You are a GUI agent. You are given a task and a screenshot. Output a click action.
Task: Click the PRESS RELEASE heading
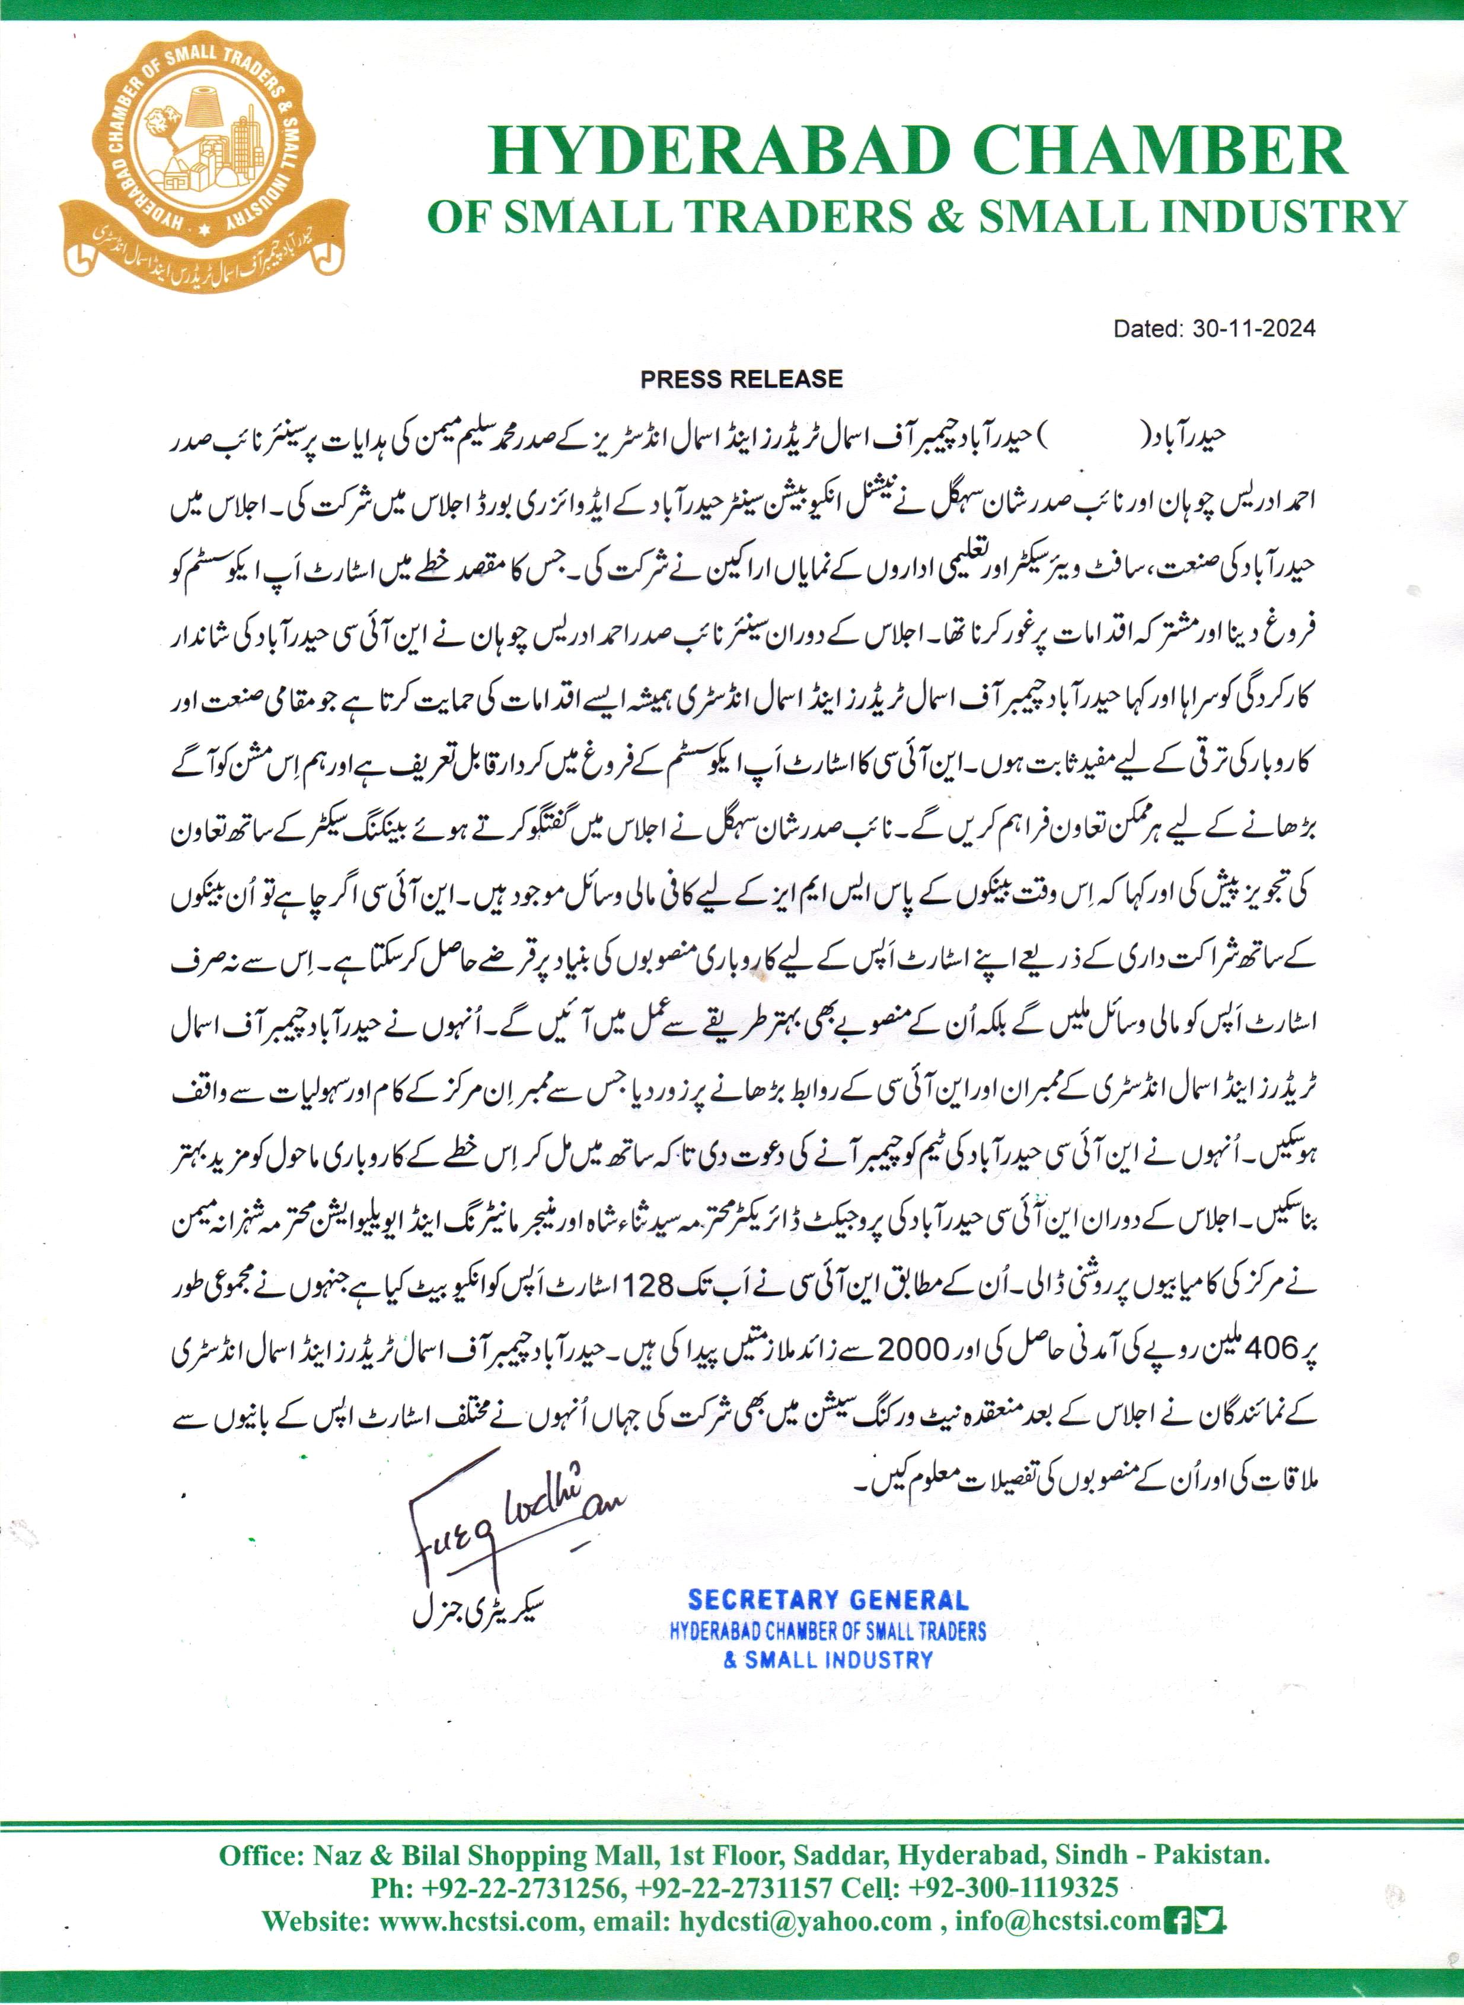tap(741, 380)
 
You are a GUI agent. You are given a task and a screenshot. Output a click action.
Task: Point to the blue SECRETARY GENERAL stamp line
tap(828, 1600)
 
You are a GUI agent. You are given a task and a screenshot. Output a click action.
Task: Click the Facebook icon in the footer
tap(1179, 1921)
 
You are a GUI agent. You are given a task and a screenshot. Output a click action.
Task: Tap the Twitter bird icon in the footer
tap(1209, 1921)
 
